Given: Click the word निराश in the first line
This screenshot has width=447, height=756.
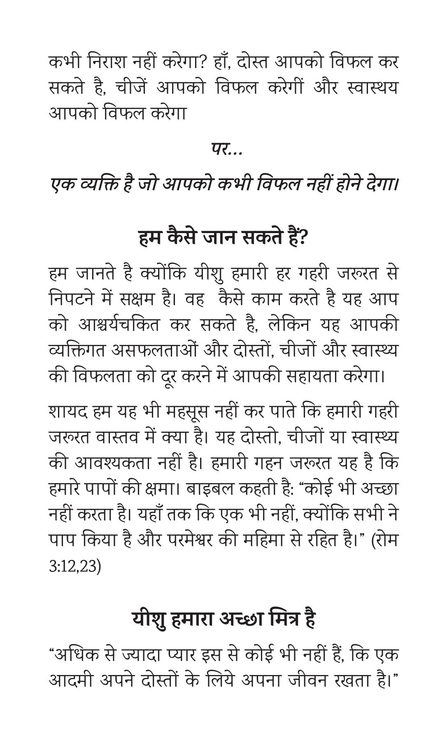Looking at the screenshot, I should [x=108, y=62].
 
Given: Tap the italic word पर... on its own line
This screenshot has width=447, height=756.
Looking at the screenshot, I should [x=227, y=149].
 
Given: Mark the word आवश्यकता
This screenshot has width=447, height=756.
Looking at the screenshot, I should [x=112, y=464].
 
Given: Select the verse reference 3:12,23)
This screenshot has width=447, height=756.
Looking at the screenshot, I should [x=74, y=566].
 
